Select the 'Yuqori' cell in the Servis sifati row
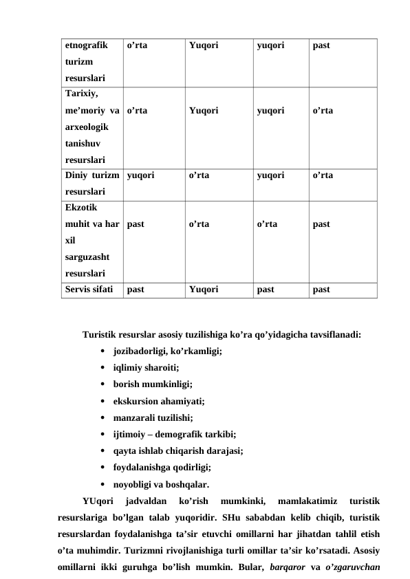pos(204,289)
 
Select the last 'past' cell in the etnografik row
pos(321,46)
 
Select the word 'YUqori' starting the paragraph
pos(98,500)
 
